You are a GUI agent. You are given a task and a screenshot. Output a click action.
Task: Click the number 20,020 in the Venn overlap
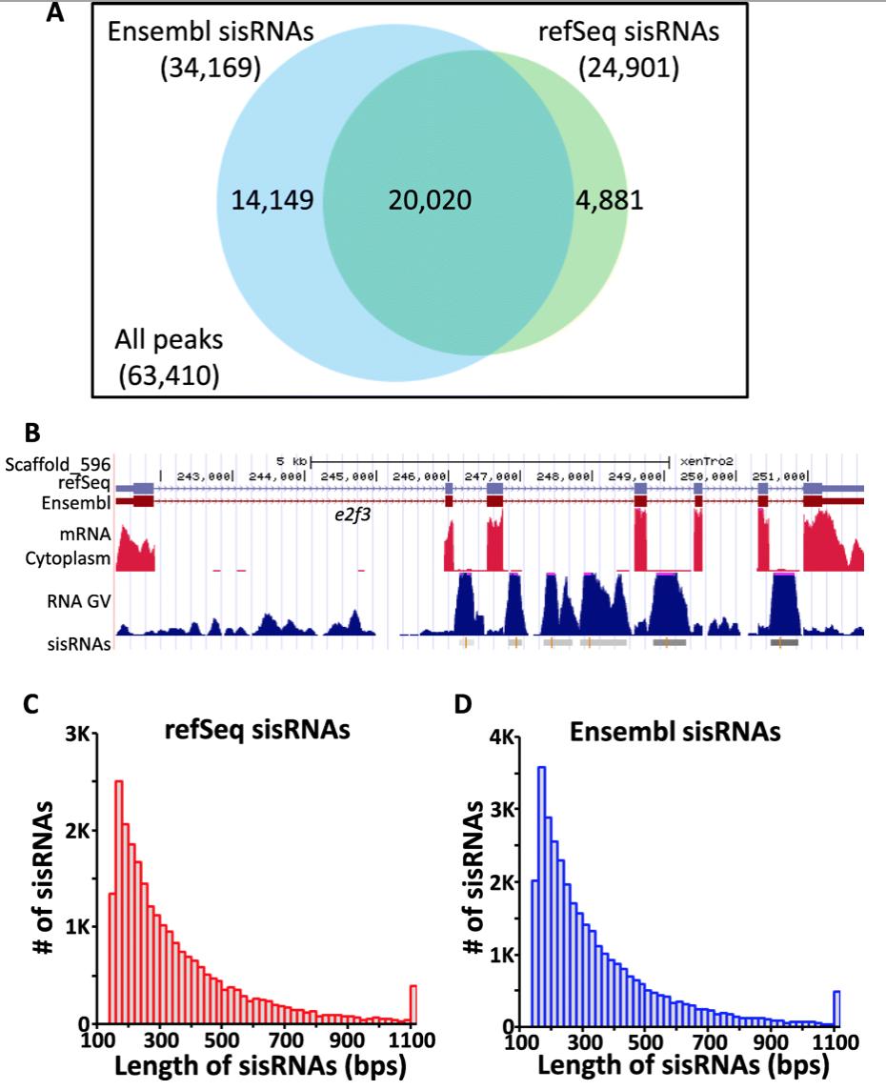coord(430,200)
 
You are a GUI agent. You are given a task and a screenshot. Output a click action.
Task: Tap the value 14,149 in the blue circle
coord(272,200)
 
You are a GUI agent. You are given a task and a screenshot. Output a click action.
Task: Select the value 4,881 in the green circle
coord(610,200)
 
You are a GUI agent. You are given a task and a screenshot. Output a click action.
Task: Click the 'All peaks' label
coord(168,341)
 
